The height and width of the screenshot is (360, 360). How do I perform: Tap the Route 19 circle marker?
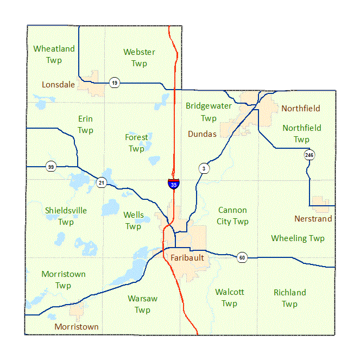point(114,83)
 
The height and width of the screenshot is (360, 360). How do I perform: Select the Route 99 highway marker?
point(51,166)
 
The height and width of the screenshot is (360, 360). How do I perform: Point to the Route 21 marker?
point(102,182)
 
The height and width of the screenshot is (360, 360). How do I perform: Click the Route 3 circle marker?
point(204,168)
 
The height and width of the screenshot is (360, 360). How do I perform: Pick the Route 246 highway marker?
point(309,155)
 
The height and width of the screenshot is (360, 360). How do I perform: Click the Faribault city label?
point(187,257)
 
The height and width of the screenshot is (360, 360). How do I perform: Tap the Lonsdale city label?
point(59,84)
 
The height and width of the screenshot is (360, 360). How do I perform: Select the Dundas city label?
point(202,134)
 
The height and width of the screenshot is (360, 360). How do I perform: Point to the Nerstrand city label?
point(313,218)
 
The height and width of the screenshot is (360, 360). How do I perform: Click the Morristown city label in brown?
point(77,327)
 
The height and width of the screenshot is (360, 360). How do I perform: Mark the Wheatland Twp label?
point(54,54)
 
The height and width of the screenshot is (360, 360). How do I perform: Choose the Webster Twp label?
point(139,58)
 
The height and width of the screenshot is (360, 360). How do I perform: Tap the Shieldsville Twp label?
point(66,216)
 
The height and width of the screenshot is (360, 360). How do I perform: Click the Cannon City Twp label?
point(233,216)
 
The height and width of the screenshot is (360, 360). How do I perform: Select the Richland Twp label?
point(289,298)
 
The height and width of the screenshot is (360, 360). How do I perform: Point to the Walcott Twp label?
point(229,298)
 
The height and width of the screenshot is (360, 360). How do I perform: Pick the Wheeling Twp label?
point(298,238)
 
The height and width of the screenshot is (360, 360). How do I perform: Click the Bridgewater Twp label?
point(209,112)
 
